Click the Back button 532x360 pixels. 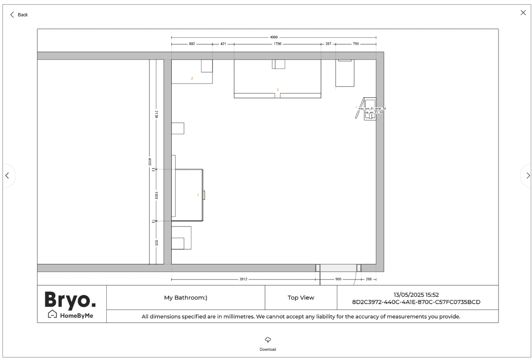tap(19, 15)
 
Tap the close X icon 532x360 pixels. tap(523, 13)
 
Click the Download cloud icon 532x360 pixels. tap(267, 339)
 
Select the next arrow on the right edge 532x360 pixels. tap(527, 175)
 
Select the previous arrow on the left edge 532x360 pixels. tap(7, 175)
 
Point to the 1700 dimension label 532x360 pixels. tap(277, 44)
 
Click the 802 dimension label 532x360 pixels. tap(192, 44)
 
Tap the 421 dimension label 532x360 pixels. tap(223, 44)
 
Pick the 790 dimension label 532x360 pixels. tap(356, 44)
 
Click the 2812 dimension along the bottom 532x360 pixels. tap(243, 279)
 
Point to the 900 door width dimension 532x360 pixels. tap(338, 279)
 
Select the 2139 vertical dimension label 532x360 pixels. tap(156, 114)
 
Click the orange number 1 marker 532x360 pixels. tap(198, 195)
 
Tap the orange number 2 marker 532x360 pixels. tap(192, 78)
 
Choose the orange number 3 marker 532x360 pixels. tap(277, 90)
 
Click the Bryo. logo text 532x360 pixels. tap(70, 300)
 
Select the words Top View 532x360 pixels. tap(301, 297)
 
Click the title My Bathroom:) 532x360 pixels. tap(186, 297)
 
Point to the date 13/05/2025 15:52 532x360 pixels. tap(416, 295)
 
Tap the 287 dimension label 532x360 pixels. tap(328, 44)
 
